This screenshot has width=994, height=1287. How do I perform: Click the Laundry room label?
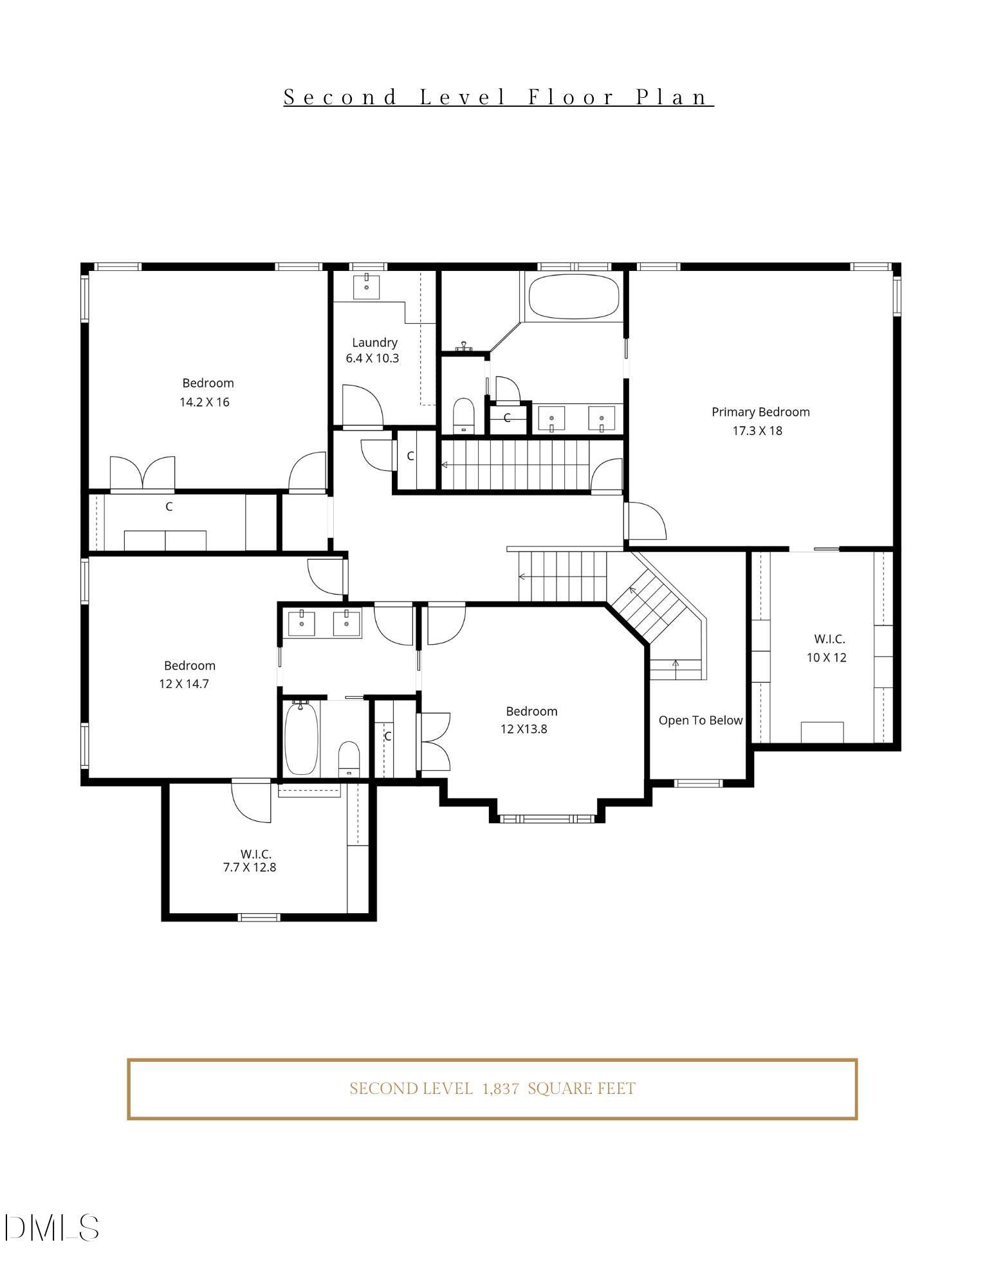[x=374, y=342]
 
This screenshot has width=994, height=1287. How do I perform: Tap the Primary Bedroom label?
[x=760, y=412]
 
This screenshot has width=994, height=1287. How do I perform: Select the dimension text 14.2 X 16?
[x=204, y=402]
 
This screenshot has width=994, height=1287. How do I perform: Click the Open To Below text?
[x=700, y=720]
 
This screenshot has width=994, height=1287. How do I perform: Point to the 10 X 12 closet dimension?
[x=826, y=657]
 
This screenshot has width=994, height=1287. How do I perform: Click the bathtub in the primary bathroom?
[x=573, y=297]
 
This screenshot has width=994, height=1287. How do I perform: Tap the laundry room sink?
[x=366, y=286]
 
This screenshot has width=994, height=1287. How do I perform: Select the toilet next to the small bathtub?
[x=349, y=758]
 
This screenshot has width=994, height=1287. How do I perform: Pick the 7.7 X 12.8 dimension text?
[x=249, y=867]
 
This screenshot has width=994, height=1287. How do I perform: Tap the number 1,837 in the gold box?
[x=501, y=1089]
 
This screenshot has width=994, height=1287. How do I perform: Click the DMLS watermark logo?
[x=51, y=1228]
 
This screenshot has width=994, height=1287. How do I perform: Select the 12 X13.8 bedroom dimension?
[x=524, y=729]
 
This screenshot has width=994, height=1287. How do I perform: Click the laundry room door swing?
[x=362, y=405]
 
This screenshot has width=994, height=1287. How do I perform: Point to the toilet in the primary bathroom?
[x=463, y=416]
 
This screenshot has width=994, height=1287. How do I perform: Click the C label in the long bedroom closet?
[x=169, y=507]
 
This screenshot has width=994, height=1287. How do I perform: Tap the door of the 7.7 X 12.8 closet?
[x=252, y=801]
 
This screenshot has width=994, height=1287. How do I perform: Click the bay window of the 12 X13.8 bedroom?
[x=547, y=819]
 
